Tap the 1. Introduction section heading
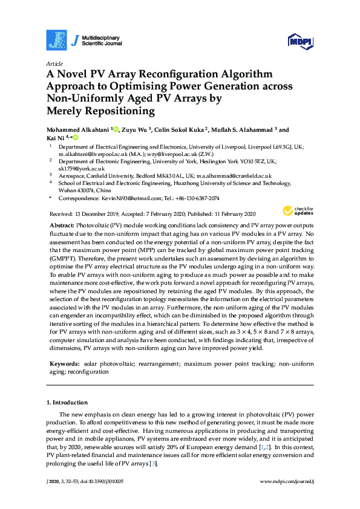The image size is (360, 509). pyautogui.click(x=67, y=402)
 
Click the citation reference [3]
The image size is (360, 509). pyautogui.click(x=154, y=464)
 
